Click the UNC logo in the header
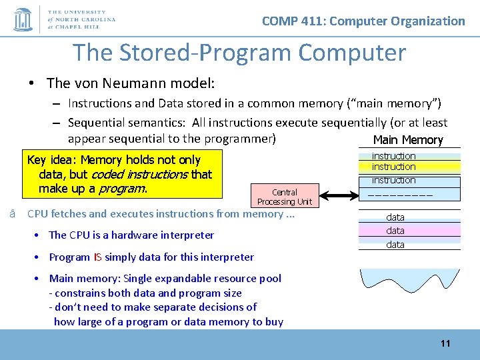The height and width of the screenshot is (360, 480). [x=23, y=19]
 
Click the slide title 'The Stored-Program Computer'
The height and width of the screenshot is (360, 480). [x=239, y=52]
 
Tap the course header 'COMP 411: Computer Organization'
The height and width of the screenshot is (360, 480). [x=363, y=21]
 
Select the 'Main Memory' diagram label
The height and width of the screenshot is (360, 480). [x=407, y=139]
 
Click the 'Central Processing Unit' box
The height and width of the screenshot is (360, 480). [x=285, y=197]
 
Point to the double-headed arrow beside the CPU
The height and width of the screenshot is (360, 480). [x=337, y=196]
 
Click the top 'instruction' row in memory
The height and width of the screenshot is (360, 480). [x=393, y=156]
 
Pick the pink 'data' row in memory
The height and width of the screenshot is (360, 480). [x=395, y=231]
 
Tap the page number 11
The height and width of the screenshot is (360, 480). [x=445, y=343]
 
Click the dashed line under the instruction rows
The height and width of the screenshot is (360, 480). [x=396, y=195]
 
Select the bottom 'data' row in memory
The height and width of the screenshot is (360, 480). [x=395, y=245]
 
